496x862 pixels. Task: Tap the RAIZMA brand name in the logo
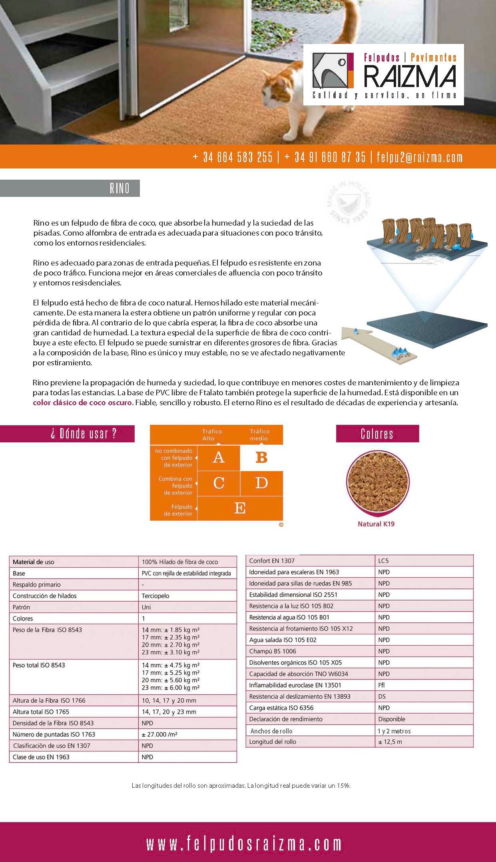click(x=410, y=76)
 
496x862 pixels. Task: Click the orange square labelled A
click(x=219, y=458)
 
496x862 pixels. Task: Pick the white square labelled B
click(x=261, y=458)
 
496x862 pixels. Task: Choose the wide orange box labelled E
click(x=240, y=508)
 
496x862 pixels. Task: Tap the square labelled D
click(x=261, y=483)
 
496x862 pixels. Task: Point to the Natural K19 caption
click(x=376, y=524)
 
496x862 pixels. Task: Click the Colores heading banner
click(x=377, y=434)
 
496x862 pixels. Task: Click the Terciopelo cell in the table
click(x=155, y=596)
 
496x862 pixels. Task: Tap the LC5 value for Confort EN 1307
click(x=383, y=561)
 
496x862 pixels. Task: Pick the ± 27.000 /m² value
click(x=158, y=734)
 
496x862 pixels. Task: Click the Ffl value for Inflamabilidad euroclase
click(x=382, y=685)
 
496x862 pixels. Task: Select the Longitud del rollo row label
click(x=273, y=741)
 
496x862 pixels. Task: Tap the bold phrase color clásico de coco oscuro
click(x=83, y=402)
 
